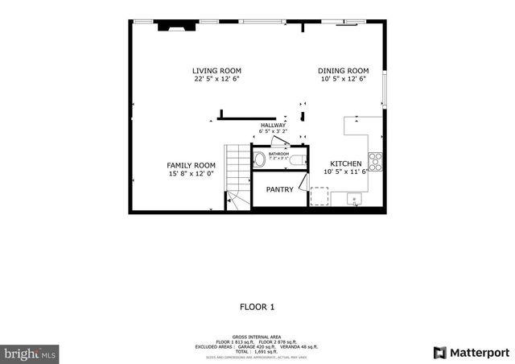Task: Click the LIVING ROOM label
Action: (216, 71)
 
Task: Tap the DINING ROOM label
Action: (344, 71)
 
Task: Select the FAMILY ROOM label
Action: (192, 165)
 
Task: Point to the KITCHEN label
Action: (345, 163)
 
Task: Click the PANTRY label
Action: (279, 190)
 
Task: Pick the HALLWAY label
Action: (273, 126)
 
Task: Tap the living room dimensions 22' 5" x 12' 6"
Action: (216, 79)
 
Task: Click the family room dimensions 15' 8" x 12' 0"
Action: (192, 173)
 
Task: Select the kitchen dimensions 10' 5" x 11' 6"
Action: (345, 172)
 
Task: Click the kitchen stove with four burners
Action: (375, 162)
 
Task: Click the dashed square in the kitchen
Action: (319, 196)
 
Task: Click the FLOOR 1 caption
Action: (257, 307)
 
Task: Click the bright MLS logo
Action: (30, 353)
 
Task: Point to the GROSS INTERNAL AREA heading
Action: (257, 337)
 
